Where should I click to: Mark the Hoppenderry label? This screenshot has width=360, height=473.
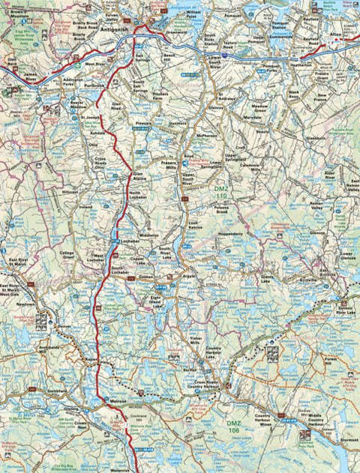click(x=229, y=233)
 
